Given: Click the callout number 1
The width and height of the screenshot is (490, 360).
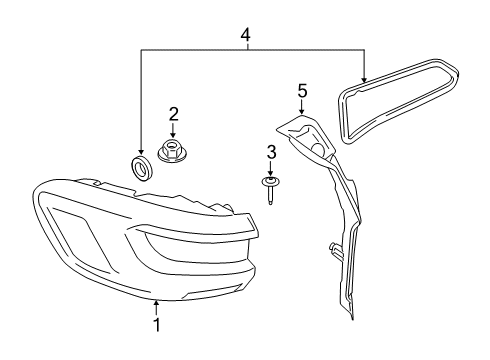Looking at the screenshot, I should [156, 326].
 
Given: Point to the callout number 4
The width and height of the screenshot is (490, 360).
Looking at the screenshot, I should [247, 36].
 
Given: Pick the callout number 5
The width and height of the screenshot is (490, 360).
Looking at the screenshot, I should [302, 91].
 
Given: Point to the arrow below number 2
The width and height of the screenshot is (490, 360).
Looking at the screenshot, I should [173, 131].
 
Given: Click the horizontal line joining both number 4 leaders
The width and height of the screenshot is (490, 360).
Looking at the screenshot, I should [250, 51].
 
